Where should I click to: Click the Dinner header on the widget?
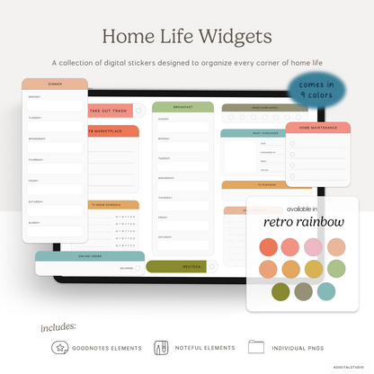(55, 84)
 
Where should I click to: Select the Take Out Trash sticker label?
(108, 111)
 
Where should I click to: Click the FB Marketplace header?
(112, 131)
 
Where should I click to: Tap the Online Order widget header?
(90, 256)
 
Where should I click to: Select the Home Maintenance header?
(317, 128)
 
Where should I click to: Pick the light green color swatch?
(335, 269)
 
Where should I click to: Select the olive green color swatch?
(280, 291)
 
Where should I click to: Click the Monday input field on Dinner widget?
(55, 105)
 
